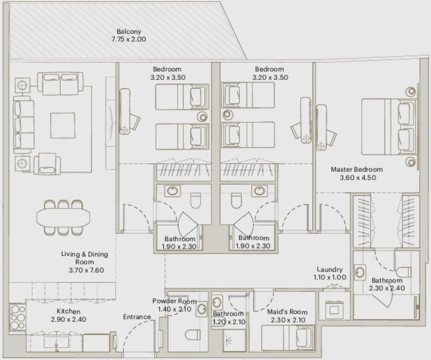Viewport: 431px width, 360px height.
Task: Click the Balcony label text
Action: (x=129, y=32)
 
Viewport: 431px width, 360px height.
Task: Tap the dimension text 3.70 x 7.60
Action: (x=86, y=270)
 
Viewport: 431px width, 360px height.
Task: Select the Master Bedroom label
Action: (x=357, y=169)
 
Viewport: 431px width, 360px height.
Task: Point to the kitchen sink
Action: (x=56, y=342)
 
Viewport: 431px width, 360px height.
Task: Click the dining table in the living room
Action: (x=63, y=218)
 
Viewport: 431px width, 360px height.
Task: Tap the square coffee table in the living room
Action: (x=63, y=125)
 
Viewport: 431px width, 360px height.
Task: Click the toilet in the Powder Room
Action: (x=193, y=336)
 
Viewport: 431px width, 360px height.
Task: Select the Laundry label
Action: (x=330, y=269)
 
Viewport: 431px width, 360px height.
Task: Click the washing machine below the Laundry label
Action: (x=334, y=309)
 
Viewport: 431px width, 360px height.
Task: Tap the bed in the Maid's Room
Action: (x=288, y=337)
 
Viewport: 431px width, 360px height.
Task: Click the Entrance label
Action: (x=137, y=317)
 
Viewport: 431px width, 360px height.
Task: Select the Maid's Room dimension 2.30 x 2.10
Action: (x=288, y=320)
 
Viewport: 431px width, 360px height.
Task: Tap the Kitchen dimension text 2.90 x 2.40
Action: (x=69, y=319)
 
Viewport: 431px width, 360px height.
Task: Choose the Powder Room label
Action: (x=174, y=301)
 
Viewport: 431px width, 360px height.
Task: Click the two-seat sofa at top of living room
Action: (x=60, y=84)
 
